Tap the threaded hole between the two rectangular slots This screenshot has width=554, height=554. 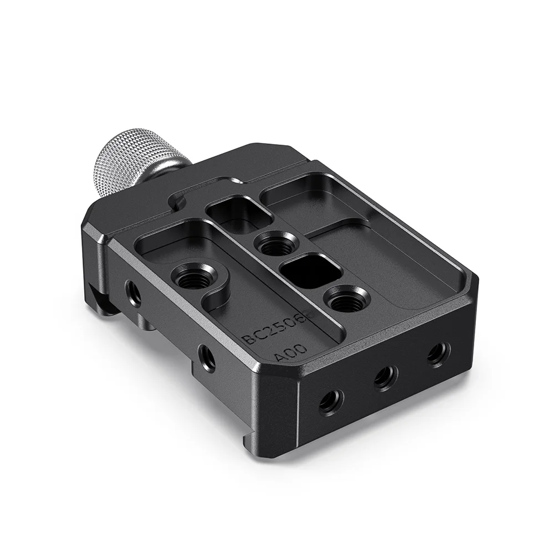[276, 243]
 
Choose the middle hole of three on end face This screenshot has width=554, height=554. [384, 378]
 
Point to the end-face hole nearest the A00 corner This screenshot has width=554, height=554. [331, 401]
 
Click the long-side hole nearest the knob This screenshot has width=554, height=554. [133, 291]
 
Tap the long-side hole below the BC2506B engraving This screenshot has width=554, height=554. [207, 357]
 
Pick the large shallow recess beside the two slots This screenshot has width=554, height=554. [382, 260]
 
